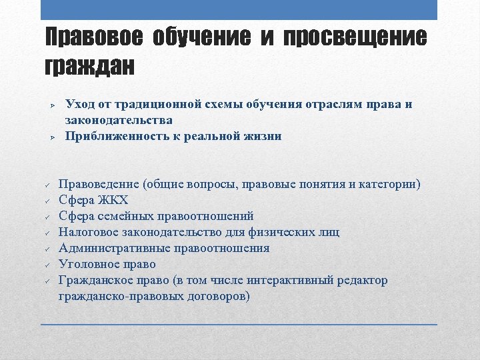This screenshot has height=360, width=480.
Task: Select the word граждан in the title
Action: [x=89, y=67]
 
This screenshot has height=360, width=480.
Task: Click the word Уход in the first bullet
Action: [x=81, y=105]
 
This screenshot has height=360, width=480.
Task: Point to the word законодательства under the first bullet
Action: [x=119, y=120]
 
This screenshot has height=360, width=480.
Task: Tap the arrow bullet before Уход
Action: [x=51, y=105]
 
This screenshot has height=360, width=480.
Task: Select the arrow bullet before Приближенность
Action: [x=51, y=137]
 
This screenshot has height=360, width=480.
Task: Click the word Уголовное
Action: [x=87, y=264]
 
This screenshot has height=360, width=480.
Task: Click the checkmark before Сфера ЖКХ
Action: [x=48, y=201]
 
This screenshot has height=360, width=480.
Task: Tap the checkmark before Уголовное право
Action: [x=48, y=265]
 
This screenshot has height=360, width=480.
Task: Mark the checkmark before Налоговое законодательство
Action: [x=48, y=233]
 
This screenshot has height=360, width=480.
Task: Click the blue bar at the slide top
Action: [x=239, y=9]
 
